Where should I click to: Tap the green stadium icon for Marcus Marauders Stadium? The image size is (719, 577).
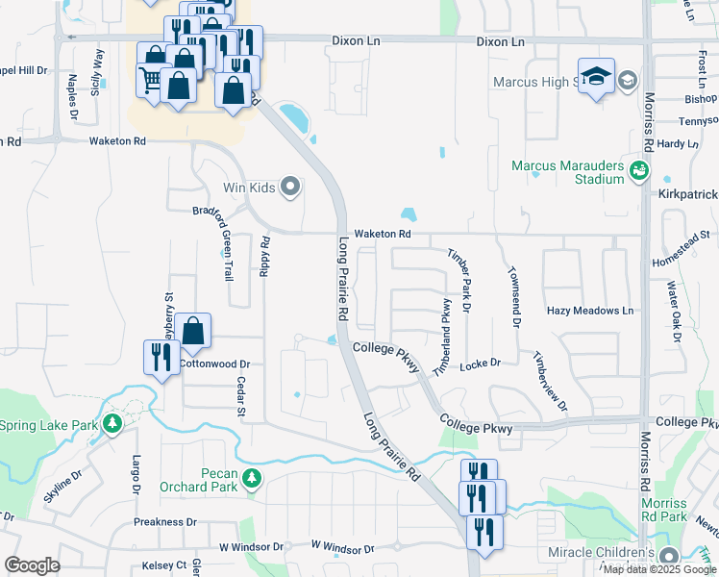pos(638,172)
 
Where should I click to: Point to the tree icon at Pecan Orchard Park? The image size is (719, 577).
pos(252,478)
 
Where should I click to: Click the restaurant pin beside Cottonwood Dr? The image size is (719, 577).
pos(160,357)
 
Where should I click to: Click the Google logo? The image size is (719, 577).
pos(32,565)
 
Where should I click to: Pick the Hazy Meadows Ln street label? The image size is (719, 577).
pos(590,311)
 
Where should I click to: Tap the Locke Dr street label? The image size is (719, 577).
pos(481,364)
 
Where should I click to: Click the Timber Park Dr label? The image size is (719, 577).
pos(459,280)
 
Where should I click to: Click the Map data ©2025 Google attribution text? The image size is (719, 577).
pos(658,569)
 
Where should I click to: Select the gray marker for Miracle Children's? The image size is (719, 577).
pos(668,556)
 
